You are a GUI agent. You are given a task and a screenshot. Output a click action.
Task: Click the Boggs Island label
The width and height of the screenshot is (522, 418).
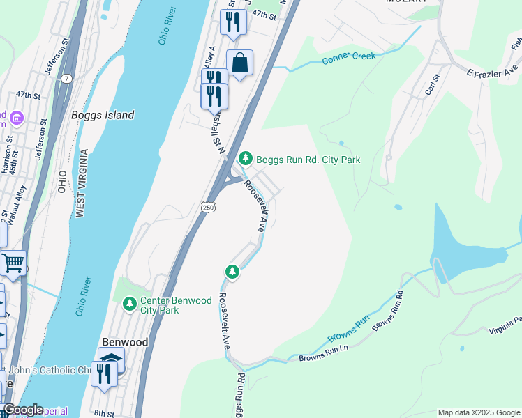pos(103,115)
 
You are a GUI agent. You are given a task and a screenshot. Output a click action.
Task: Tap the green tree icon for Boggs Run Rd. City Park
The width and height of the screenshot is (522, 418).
pos(245,159)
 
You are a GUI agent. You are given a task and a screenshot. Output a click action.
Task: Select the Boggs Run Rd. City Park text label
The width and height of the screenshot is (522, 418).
pos(308,160)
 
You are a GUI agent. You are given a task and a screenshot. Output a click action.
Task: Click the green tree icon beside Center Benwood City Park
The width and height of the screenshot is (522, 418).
pos(129,303)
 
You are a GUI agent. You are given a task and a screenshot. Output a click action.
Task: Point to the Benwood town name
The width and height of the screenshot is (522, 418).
pos(125,342)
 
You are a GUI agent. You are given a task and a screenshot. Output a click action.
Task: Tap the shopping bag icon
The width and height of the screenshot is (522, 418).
pos(239,63)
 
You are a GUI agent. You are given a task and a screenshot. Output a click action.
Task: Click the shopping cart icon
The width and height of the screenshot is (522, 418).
pos(13,264)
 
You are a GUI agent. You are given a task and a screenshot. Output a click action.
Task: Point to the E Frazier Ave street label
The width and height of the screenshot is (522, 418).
pos(493,71)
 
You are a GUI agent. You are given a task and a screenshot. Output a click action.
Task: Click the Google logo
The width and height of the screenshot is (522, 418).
pos(22,410)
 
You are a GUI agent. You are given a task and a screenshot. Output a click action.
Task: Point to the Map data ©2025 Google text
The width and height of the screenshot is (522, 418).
pos(479,412)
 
